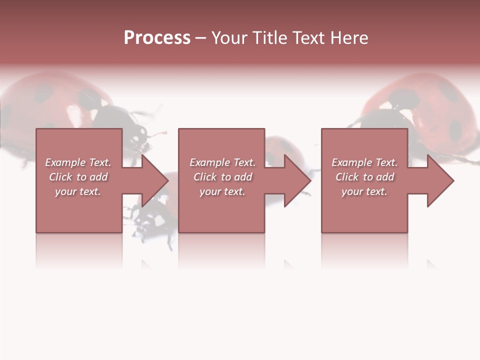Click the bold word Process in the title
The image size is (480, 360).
tap(157, 38)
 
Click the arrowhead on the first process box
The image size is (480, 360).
tap(153, 180)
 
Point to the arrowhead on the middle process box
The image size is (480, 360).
tap(296, 180)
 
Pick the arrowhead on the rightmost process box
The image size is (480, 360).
tap(439, 180)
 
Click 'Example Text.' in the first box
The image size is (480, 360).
tap(78, 162)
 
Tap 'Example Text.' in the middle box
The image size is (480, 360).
tap(222, 162)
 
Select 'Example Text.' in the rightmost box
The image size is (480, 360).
tap(364, 162)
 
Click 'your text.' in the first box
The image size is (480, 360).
tap(78, 191)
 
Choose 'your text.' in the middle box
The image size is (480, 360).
tap(222, 191)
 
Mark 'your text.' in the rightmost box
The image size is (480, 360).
tap(364, 191)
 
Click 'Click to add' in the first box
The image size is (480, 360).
tap(78, 177)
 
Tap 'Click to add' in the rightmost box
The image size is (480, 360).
tap(364, 177)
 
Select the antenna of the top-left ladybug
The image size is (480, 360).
tap(159, 134)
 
